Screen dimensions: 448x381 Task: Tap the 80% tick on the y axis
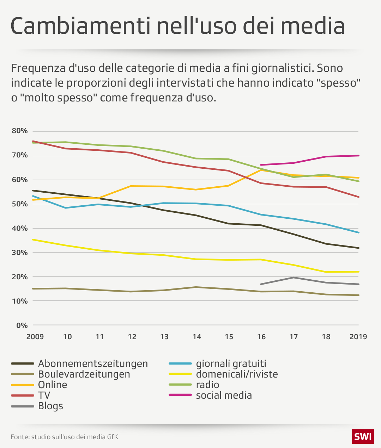tap(20, 131)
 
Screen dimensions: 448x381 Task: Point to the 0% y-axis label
tap(22, 325)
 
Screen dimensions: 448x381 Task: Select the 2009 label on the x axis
tap(35, 337)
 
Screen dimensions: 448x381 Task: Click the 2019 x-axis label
tap(358, 337)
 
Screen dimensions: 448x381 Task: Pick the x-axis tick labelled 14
tap(196, 337)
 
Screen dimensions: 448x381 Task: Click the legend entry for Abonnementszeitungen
tap(93, 363)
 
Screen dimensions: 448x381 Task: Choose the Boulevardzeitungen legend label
tap(84, 374)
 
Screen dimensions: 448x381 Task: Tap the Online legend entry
tap(53, 385)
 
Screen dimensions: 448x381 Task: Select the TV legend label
tap(44, 395)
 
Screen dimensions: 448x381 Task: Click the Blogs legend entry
tap(50, 406)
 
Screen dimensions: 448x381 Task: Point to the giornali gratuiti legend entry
tap(231, 363)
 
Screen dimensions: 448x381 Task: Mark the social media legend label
tap(224, 395)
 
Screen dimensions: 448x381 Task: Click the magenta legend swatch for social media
tap(180, 395)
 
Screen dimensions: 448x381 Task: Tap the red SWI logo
tap(363, 437)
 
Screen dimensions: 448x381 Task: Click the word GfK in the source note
tap(113, 437)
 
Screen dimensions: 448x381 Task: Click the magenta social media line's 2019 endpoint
tap(358, 155)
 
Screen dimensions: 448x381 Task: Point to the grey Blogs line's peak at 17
tap(294, 278)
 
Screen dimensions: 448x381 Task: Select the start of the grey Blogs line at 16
tap(261, 284)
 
